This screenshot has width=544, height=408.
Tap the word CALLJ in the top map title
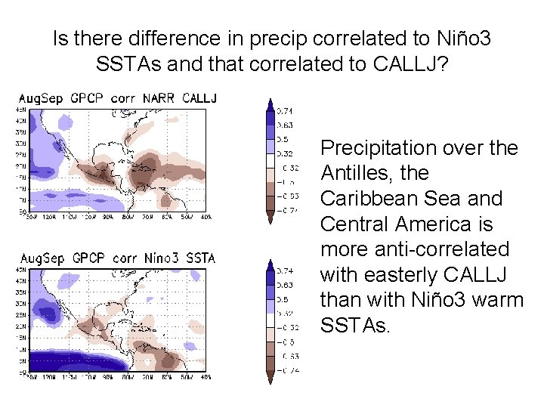click(199, 99)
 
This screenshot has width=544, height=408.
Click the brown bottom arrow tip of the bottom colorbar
click(270, 379)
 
